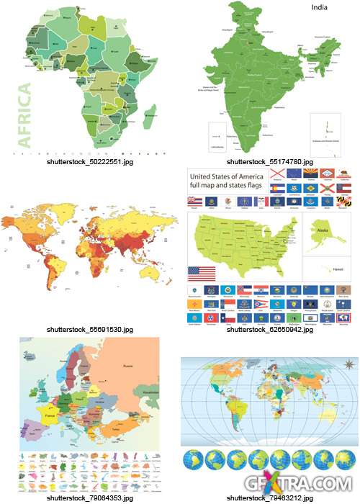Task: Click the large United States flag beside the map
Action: (202, 274)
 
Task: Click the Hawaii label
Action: (335, 270)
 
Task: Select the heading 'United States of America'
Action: (229, 175)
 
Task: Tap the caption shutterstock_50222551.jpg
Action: (90, 162)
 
